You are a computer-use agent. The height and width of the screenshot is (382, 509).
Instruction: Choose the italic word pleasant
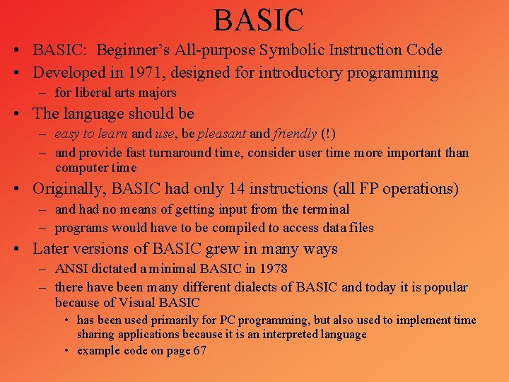coord(222,134)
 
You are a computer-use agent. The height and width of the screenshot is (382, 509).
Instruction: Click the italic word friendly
coord(296,134)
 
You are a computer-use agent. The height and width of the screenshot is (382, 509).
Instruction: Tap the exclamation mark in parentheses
coord(328,134)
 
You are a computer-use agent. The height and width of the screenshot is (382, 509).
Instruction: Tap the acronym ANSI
coord(71,269)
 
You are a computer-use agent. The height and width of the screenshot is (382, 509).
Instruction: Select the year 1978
coord(273,269)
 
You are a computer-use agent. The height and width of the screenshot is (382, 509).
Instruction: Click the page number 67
coord(199,351)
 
